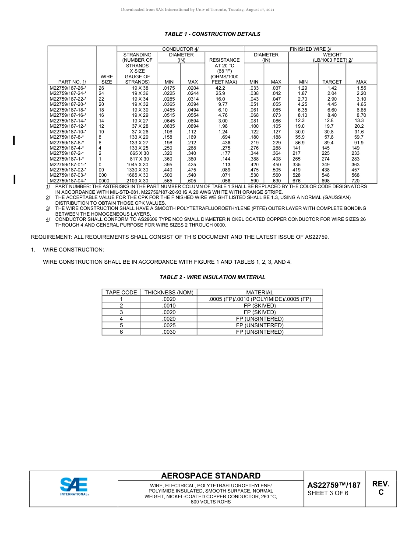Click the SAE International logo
(74, 486)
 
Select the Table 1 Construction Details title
(212, 34)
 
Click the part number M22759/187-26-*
(68, 88)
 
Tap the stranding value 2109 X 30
(137, 181)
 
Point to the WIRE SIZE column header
(106, 79)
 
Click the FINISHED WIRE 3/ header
(310, 49)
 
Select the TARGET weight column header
(332, 82)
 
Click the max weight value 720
(356, 181)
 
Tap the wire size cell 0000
(104, 181)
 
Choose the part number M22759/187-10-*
(68, 132)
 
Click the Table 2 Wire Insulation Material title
(212, 277)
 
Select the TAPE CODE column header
(121, 293)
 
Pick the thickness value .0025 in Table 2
(169, 325)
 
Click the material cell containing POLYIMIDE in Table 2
(260, 299)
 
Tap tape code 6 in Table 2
(121, 332)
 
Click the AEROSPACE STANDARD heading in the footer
(211, 476)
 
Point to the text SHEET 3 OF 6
(328, 493)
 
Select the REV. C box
(381, 488)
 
